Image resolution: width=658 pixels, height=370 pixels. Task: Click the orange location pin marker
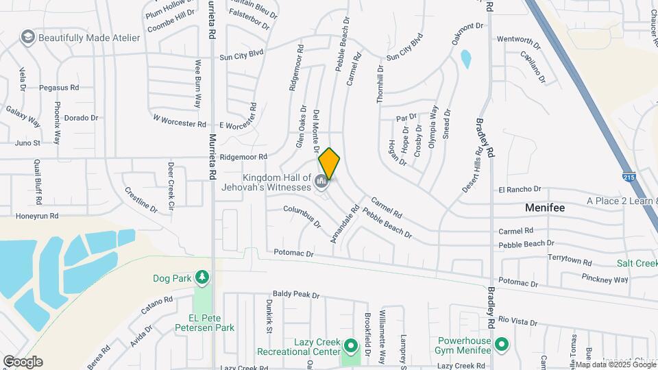(330, 162)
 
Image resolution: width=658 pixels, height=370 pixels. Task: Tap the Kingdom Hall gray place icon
(322, 182)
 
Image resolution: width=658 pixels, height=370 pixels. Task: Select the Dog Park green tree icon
(202, 277)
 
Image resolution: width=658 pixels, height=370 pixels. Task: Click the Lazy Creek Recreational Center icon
(352, 345)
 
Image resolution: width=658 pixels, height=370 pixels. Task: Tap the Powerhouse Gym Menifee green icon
(502, 344)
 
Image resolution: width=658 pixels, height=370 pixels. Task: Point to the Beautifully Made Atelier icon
(28, 36)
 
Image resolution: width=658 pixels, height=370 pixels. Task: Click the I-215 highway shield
(629, 176)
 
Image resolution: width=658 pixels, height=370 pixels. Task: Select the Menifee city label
(545, 207)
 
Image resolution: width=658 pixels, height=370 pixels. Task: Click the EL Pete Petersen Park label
(211, 328)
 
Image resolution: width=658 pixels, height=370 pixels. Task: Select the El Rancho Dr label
(520, 189)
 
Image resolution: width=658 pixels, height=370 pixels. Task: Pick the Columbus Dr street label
(302, 216)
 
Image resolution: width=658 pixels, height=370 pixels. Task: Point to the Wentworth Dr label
(519, 39)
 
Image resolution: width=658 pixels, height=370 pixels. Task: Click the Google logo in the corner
(23, 361)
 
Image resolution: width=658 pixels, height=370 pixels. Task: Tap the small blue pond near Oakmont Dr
(466, 59)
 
